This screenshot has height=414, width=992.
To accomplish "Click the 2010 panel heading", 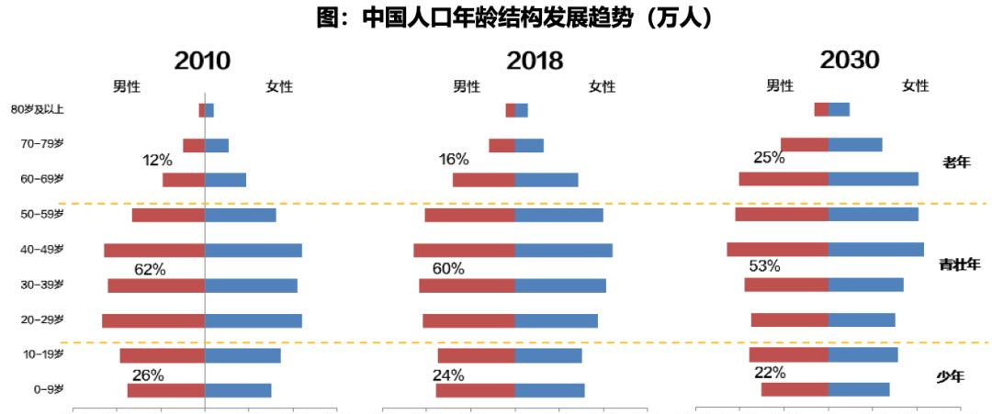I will pyautogui.click(x=203, y=61).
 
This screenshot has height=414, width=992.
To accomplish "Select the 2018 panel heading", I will pyautogui.click(x=535, y=61).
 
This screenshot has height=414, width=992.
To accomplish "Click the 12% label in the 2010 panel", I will pyautogui.click(x=157, y=160).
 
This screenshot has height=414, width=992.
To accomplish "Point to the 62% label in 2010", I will pyautogui.click(x=150, y=269).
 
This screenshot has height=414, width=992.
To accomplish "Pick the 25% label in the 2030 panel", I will pyautogui.click(x=769, y=157).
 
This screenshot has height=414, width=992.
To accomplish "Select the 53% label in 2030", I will pyautogui.click(x=764, y=266).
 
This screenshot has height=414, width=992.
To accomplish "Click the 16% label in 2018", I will pyautogui.click(x=454, y=160).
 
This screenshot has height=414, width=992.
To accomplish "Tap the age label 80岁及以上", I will pyautogui.click(x=37, y=110).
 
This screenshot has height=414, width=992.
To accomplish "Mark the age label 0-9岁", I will pyautogui.click(x=48, y=389).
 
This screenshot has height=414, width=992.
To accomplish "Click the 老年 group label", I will pyautogui.click(x=956, y=162).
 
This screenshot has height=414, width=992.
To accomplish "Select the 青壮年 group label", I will pyautogui.click(x=959, y=264).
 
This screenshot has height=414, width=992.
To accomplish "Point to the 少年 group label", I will pyautogui.click(x=951, y=375).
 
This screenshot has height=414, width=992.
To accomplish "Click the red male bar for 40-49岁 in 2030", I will pyautogui.click(x=777, y=250).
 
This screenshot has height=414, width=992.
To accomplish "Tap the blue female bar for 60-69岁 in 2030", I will pyautogui.click(x=873, y=179).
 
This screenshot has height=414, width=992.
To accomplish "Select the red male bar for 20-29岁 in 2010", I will pyautogui.click(x=153, y=320).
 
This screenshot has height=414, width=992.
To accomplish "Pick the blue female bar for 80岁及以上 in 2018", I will pyautogui.click(x=522, y=110).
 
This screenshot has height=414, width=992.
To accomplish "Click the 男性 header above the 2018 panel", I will pyautogui.click(x=467, y=86).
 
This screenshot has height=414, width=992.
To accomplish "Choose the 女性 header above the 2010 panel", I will pyautogui.click(x=279, y=86).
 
